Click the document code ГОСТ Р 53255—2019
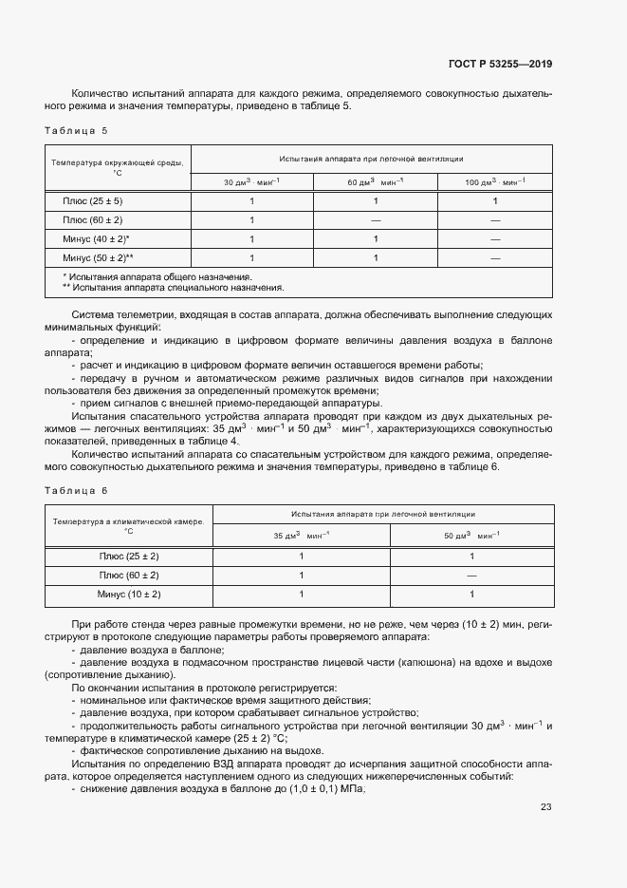pyautogui.click(x=500, y=65)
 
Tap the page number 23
pyautogui.click(x=545, y=807)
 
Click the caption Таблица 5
pyautogui.click(x=77, y=129)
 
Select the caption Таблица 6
pyautogui.click(x=77, y=489)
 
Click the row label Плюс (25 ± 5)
pyautogui.click(x=93, y=201)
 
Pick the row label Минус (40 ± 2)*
pyautogui.click(x=97, y=239)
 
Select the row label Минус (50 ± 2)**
pyautogui.click(x=99, y=257)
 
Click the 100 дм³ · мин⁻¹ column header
pyautogui.click(x=495, y=181)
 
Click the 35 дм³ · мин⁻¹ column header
pyautogui.click(x=301, y=536)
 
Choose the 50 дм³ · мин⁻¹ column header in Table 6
pyautogui.click(x=471, y=536)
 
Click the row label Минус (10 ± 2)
pyautogui.click(x=129, y=594)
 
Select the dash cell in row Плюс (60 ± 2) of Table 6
pyautogui.click(x=471, y=576)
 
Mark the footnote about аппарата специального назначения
pyautogui.click(x=173, y=286)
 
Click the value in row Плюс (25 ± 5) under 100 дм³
pyautogui.click(x=495, y=201)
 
